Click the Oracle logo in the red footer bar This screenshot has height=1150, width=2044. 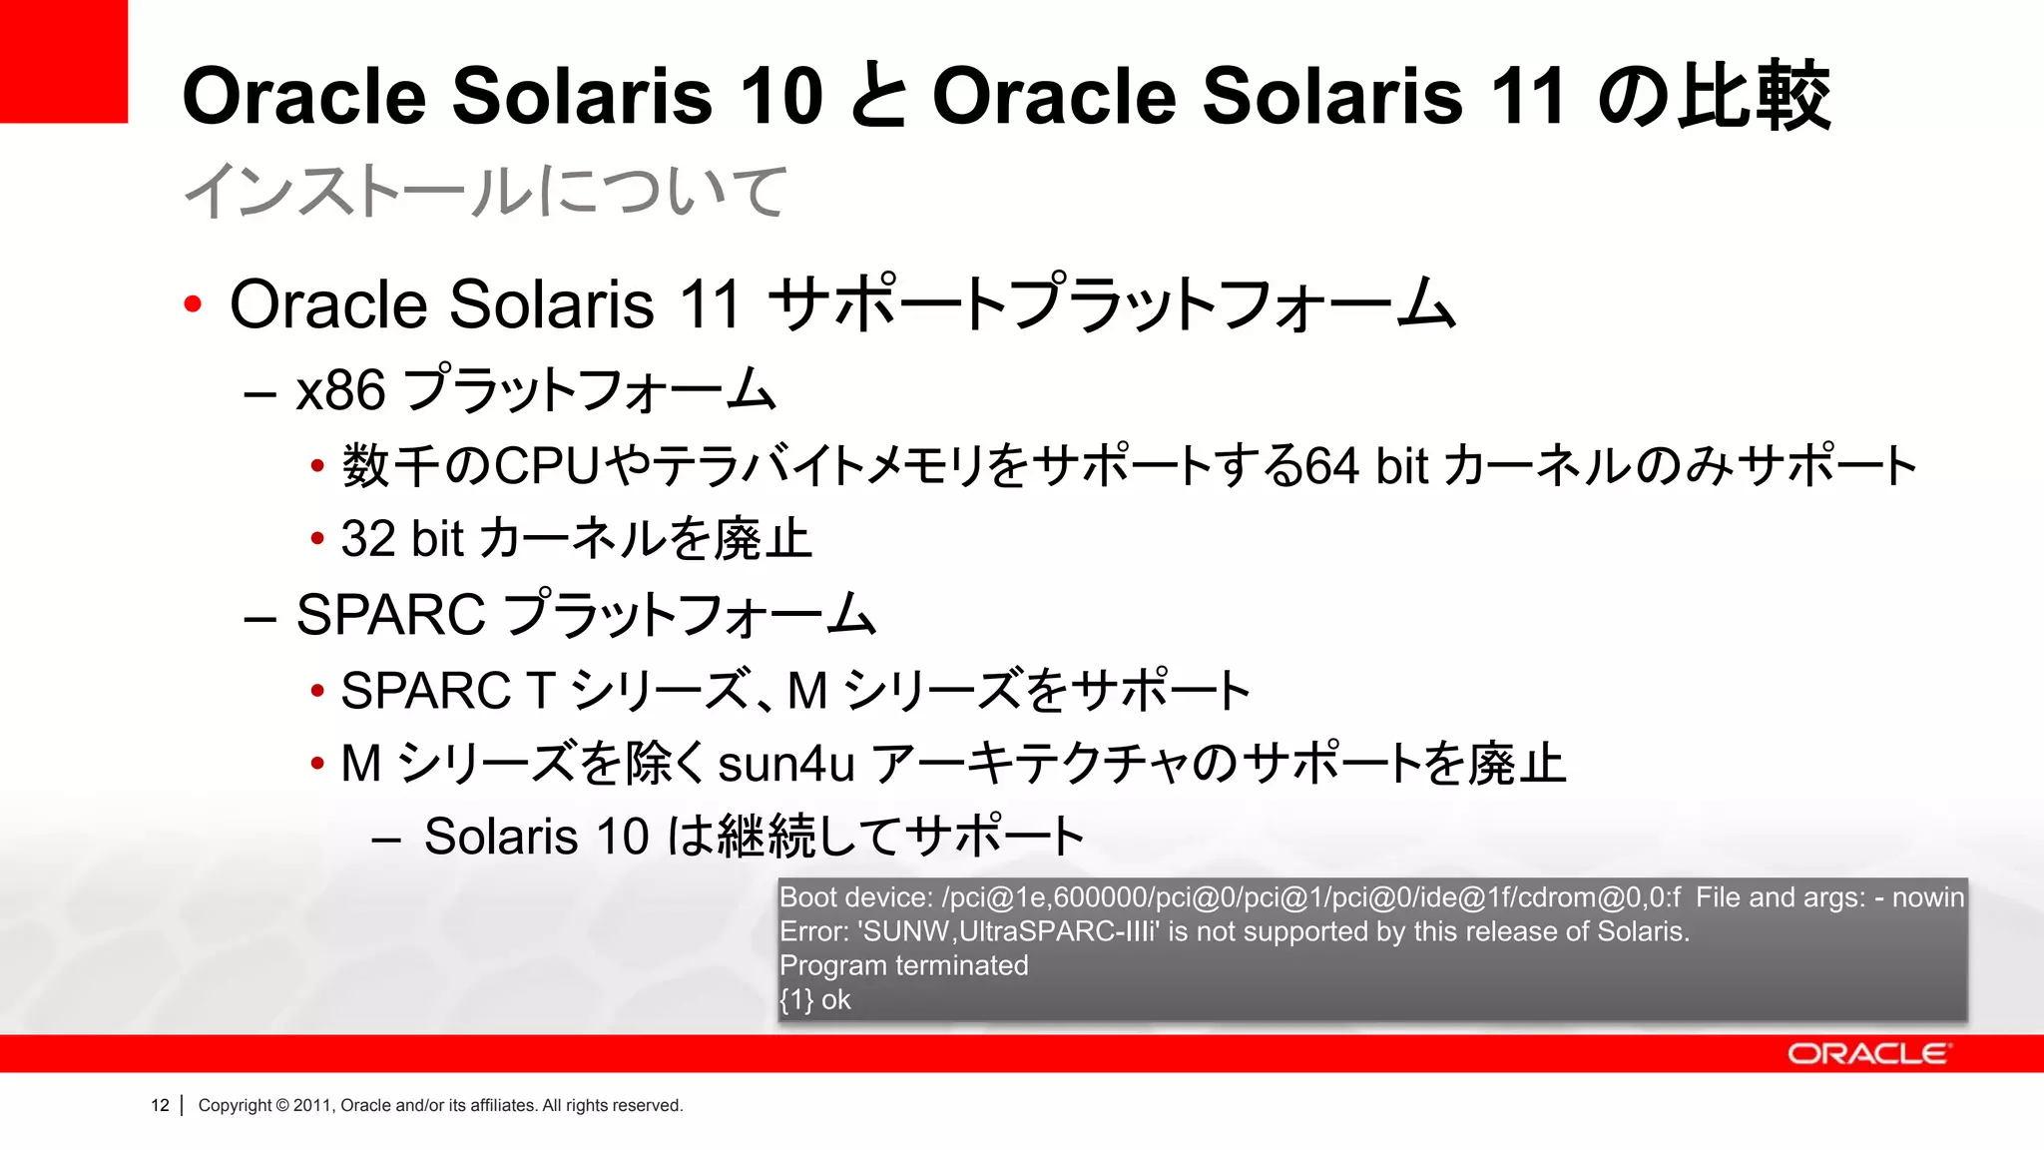1867,1054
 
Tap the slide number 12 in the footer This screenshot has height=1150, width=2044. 160,1105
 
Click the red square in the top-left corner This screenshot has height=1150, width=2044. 63,61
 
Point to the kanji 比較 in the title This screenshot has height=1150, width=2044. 1754,96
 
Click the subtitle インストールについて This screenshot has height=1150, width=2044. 486,191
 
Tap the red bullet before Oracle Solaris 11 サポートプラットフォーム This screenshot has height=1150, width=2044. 193,303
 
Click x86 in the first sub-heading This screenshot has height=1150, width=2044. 340,389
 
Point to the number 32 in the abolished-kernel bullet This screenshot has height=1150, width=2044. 368,539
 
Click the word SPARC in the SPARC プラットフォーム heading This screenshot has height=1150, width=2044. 391,614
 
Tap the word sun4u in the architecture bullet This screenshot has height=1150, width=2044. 786,764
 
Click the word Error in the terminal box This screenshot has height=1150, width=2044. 812,931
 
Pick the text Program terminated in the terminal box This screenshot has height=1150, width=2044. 903,965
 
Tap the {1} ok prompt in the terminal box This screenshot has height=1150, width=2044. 814,999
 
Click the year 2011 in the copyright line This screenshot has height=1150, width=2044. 312,1105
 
